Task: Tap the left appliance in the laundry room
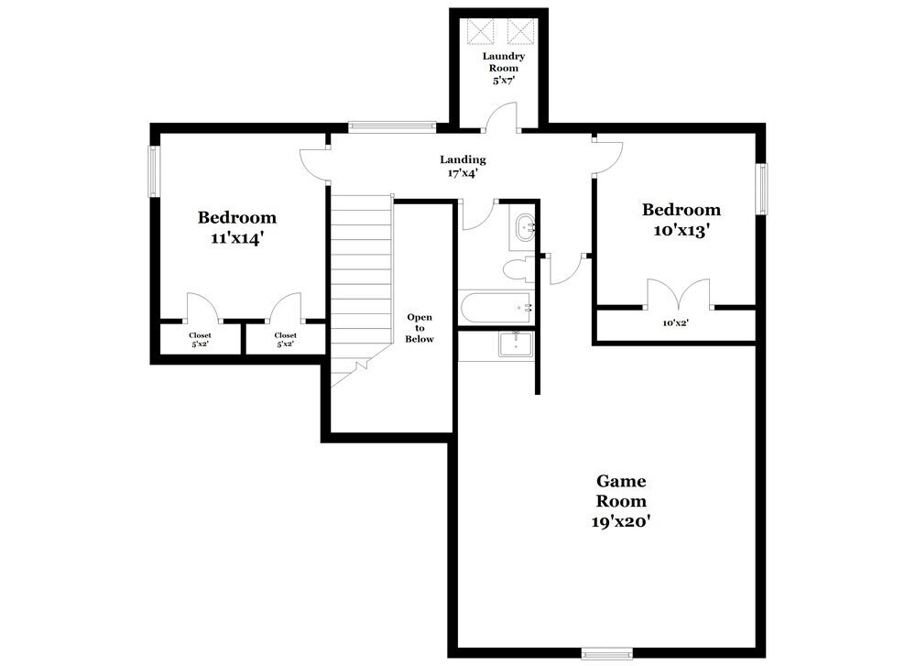pyautogui.click(x=481, y=32)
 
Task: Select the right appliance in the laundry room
pyautogui.click(x=520, y=32)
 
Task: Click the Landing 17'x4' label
pyautogui.click(x=463, y=165)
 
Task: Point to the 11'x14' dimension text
pyautogui.click(x=236, y=237)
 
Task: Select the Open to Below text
pyautogui.click(x=420, y=328)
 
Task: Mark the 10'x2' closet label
pyautogui.click(x=675, y=322)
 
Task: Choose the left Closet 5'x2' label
pyautogui.click(x=200, y=339)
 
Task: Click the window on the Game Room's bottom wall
pyautogui.click(x=606, y=653)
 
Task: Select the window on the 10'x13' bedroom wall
pyautogui.click(x=760, y=189)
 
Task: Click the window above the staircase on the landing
pyautogui.click(x=391, y=127)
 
